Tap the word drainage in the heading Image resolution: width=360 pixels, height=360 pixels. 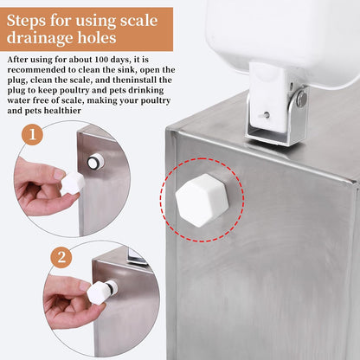pos(48,39)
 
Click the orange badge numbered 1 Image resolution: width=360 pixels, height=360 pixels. pos(32,135)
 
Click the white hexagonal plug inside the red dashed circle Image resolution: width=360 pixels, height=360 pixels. pos(202,200)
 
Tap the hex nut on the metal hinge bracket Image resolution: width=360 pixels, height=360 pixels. pos(301,100)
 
